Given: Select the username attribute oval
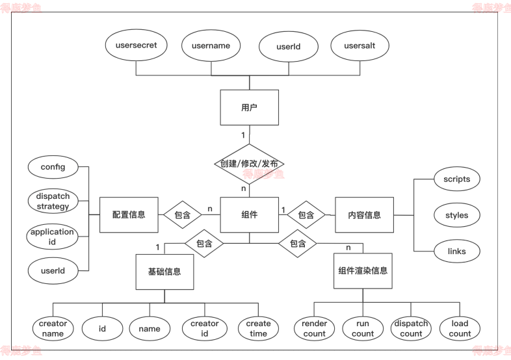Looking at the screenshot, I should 211,46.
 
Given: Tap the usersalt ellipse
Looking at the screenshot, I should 360,46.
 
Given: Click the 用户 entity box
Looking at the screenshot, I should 249,108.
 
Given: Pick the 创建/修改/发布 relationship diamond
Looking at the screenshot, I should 250,164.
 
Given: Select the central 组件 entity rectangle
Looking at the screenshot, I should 250,214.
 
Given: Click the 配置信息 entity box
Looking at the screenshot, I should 129,214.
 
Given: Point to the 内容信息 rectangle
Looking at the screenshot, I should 364,215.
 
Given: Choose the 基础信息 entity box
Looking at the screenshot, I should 164,270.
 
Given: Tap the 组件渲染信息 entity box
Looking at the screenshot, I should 363,270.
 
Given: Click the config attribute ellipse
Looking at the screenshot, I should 53,167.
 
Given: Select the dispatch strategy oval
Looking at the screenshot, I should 53,201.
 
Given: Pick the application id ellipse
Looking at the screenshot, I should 53,237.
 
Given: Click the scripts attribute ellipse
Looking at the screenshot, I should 456,179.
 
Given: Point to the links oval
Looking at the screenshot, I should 456,251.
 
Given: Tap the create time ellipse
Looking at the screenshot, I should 258,328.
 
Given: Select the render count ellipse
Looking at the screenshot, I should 315,328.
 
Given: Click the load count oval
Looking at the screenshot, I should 460,328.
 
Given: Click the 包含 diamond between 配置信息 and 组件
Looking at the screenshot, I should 182,214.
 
